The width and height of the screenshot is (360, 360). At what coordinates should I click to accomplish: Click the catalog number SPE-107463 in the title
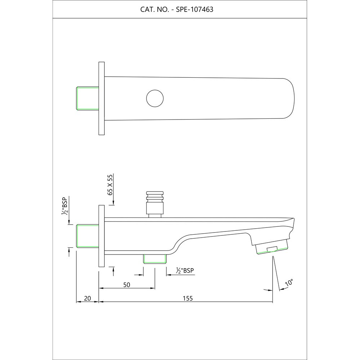194,10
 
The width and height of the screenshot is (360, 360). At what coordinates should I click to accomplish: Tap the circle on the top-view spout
155,98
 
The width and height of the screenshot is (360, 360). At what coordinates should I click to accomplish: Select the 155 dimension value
188,298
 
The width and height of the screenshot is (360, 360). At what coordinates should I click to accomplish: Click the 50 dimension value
126,285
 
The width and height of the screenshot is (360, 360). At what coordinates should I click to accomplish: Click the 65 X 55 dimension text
111,184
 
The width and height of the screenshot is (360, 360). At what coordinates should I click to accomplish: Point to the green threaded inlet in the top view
87,98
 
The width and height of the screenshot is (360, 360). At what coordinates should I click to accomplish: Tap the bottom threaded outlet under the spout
155,259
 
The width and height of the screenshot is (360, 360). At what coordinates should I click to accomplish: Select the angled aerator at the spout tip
273,248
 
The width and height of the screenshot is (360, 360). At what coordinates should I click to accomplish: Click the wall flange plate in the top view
102,98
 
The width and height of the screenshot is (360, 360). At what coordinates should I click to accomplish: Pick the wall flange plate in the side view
102,236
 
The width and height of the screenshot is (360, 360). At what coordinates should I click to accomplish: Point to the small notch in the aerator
272,249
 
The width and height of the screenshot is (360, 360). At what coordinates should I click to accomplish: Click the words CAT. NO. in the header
154,10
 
